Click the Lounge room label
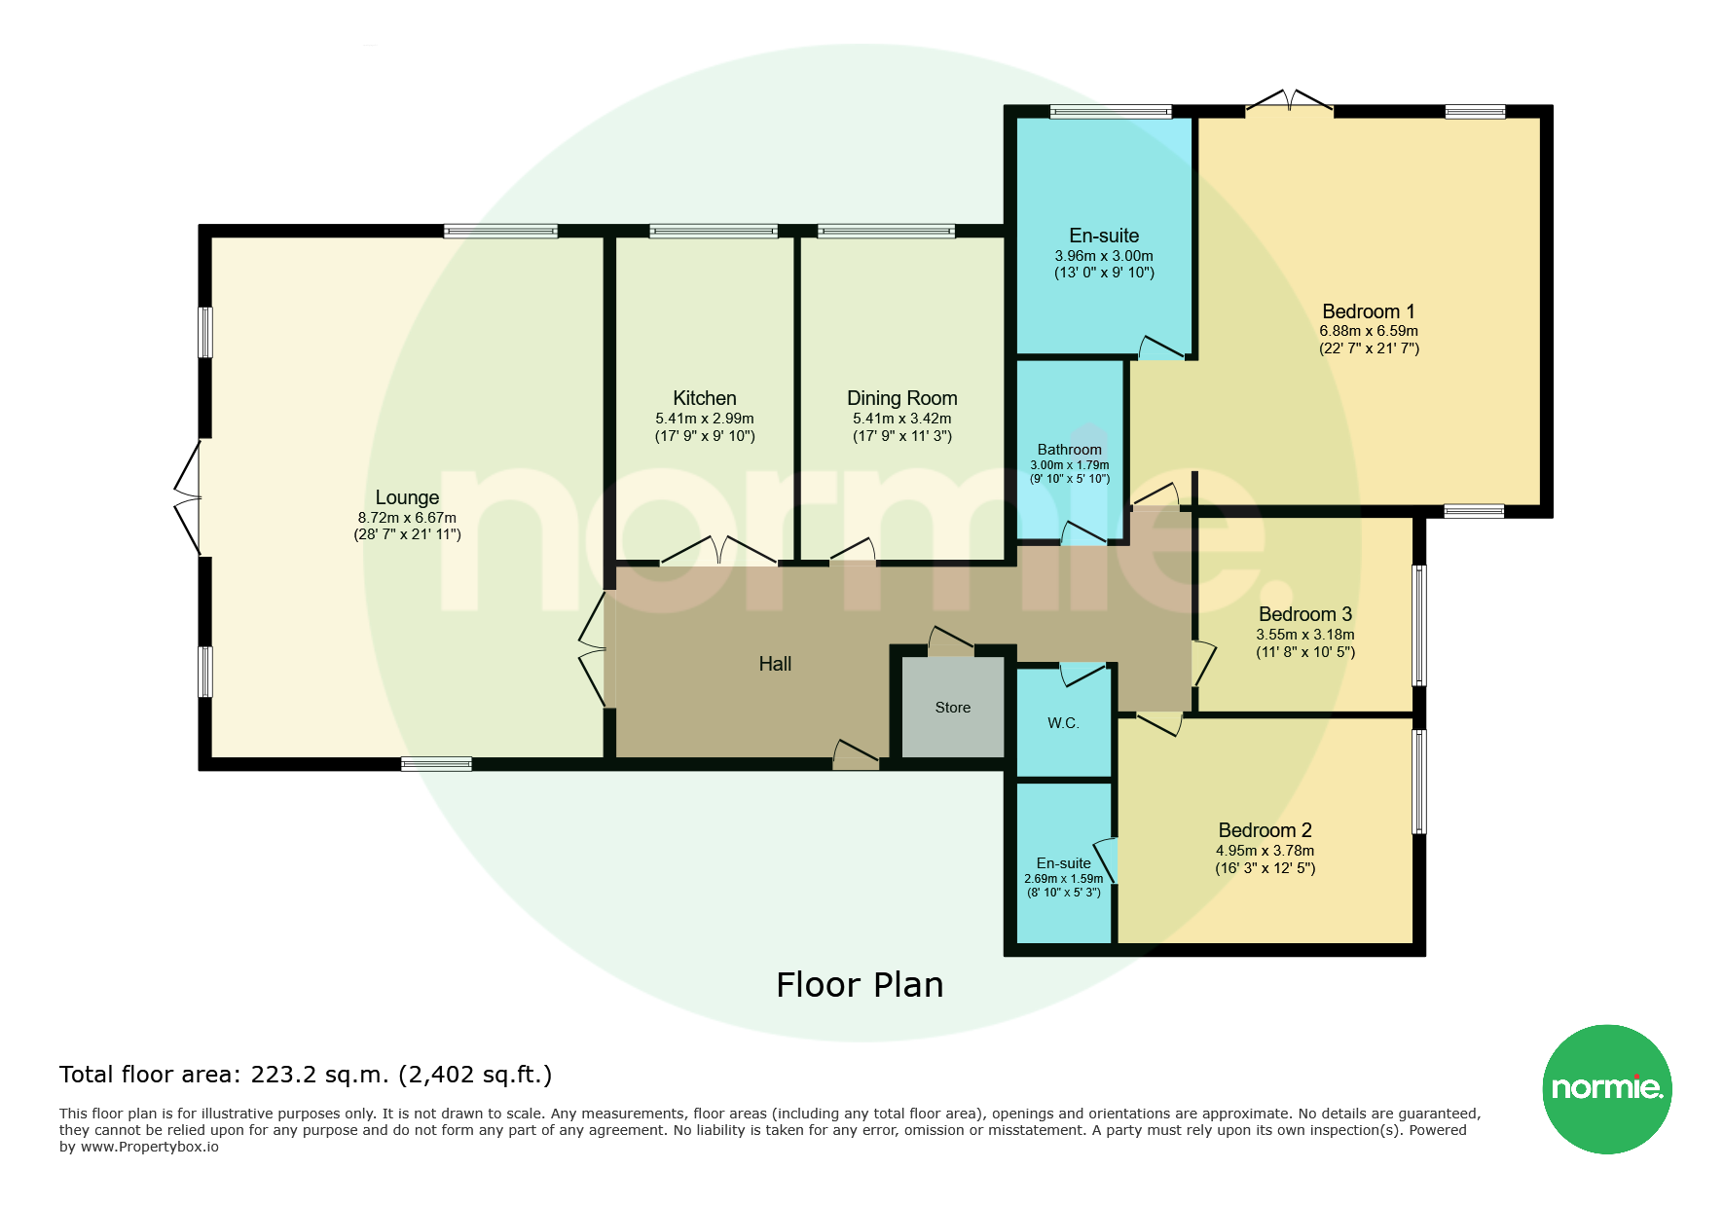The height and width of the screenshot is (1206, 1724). [407, 497]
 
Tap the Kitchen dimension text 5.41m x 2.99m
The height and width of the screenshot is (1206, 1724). [705, 419]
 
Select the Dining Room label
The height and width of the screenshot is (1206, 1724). [902, 398]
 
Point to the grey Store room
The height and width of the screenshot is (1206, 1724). [953, 708]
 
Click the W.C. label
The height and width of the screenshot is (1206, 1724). [1063, 723]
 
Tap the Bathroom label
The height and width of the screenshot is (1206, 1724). [1070, 450]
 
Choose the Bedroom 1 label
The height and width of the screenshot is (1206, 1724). [1369, 311]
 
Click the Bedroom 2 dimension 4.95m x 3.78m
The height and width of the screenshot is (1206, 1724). [1265, 851]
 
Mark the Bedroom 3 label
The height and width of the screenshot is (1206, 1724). [1305, 614]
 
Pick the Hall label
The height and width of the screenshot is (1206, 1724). [775, 664]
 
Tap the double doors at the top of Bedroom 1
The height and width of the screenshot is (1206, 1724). [1290, 100]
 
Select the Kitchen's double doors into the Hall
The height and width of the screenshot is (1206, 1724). [719, 551]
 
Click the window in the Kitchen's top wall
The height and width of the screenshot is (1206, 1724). [714, 232]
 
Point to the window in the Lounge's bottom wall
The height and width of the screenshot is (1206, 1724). [436, 764]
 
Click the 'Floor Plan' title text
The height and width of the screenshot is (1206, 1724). [860, 985]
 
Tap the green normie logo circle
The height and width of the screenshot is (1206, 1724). [1607, 1089]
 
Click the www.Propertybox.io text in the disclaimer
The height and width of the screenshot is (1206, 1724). [149, 1147]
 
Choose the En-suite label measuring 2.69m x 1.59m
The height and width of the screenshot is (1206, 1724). [1063, 863]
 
